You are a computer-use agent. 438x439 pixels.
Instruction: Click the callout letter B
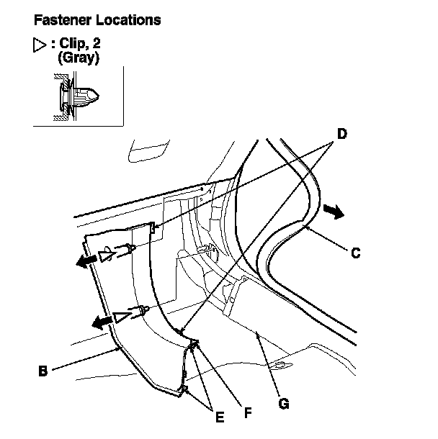[43, 372]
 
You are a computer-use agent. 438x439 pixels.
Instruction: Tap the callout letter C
[355, 253]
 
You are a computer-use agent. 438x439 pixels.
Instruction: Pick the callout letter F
[247, 413]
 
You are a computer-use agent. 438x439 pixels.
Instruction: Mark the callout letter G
[284, 404]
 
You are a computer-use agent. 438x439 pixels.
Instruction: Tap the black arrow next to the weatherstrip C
[332, 210]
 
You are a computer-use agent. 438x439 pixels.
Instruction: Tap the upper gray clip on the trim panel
[128, 250]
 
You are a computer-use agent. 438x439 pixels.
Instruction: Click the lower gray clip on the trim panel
[144, 311]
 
